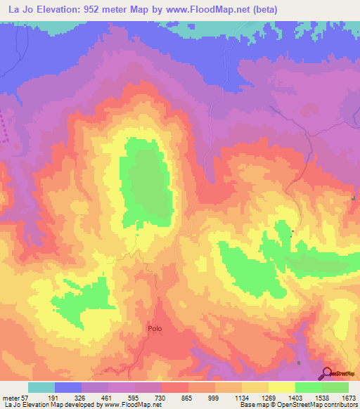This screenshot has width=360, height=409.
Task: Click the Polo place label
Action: [155, 328]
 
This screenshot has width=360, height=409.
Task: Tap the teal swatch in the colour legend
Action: [41, 387]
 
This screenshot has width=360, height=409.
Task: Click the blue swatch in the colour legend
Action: [68, 387]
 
